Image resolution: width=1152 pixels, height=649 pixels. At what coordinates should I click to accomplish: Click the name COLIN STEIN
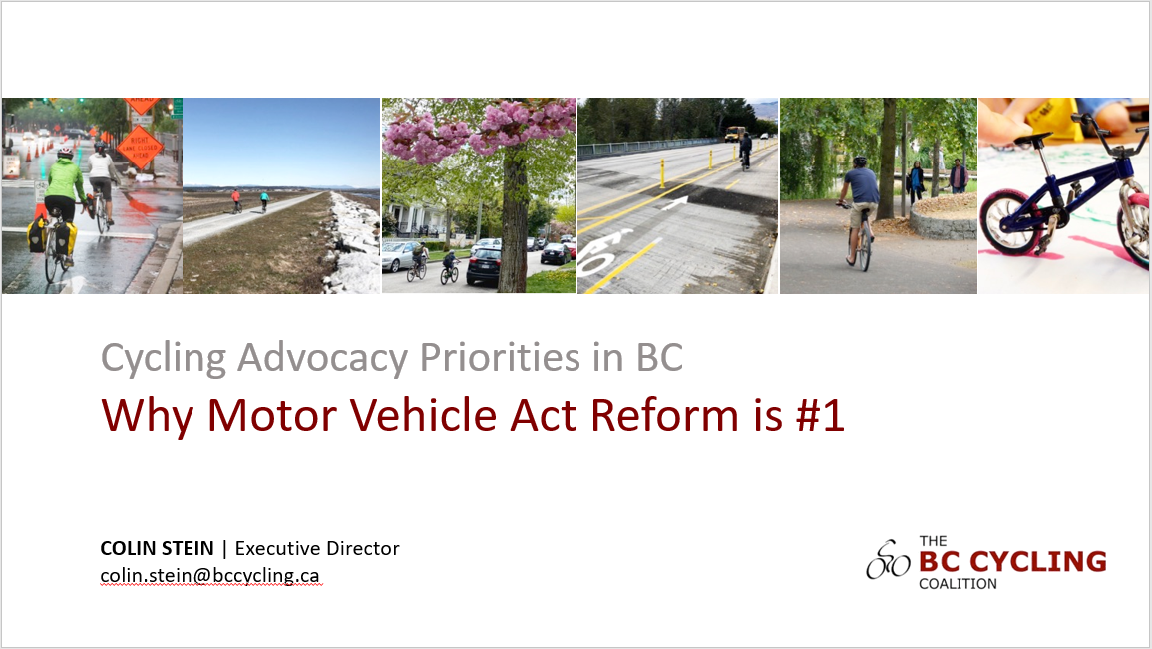[157, 548]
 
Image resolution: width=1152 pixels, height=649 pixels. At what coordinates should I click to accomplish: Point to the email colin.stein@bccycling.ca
[210, 575]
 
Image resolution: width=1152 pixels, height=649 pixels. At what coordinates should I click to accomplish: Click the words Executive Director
[316, 548]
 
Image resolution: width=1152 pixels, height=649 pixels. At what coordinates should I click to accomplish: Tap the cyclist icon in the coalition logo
[888, 560]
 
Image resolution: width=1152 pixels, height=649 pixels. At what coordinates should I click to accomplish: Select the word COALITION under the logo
[958, 584]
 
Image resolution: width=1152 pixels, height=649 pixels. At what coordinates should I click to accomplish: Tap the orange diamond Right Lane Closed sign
[140, 146]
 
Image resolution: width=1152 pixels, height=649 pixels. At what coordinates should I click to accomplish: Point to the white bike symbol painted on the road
[603, 252]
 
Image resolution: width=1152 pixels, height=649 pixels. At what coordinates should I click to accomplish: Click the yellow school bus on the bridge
[734, 134]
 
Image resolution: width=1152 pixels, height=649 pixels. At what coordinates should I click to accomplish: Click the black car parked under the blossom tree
[484, 266]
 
